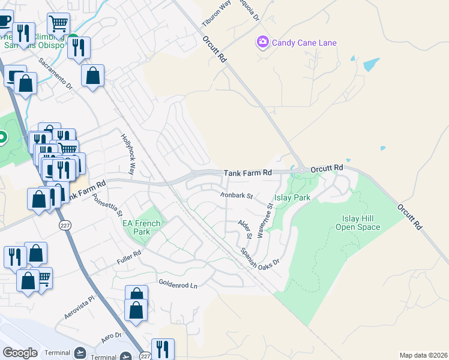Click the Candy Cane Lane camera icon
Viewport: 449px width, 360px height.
(262, 42)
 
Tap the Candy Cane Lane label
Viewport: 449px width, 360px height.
(304, 43)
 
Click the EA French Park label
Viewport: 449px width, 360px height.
(142, 227)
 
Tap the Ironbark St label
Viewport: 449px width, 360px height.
(236, 195)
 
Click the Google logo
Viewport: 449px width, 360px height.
(20, 353)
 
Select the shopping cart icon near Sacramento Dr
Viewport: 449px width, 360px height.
(58, 24)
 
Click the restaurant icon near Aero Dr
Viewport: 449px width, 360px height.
(163, 349)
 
